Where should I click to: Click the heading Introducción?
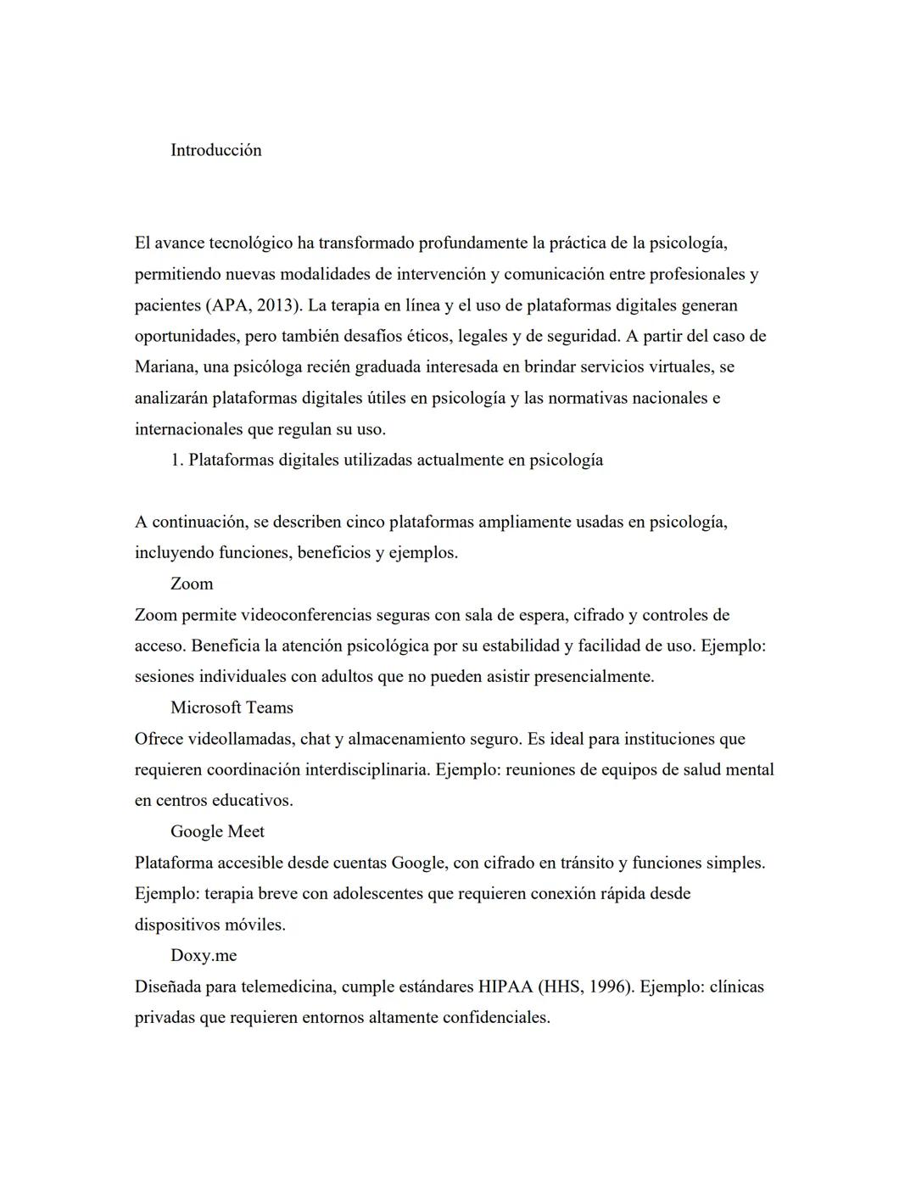(215, 150)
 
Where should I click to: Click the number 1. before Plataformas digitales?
(177, 460)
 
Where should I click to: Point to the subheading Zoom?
(192, 584)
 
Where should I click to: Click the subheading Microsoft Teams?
(232, 707)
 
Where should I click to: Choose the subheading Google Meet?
(217, 831)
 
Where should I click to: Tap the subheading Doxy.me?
(204, 955)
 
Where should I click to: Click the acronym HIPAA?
(505, 987)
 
